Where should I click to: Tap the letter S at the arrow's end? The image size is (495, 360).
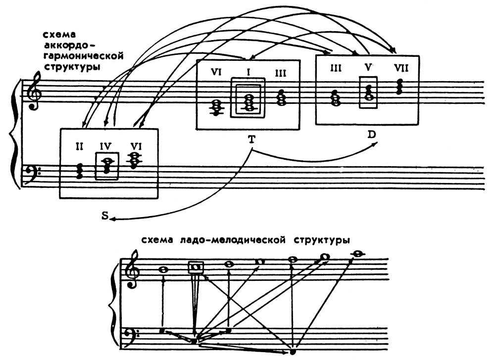105,216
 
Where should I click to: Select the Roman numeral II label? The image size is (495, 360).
80,146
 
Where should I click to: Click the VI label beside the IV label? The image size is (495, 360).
135,146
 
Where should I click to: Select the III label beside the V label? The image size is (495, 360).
336,68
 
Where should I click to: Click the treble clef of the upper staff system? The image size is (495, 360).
34,92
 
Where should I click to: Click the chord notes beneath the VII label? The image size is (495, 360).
399,87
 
